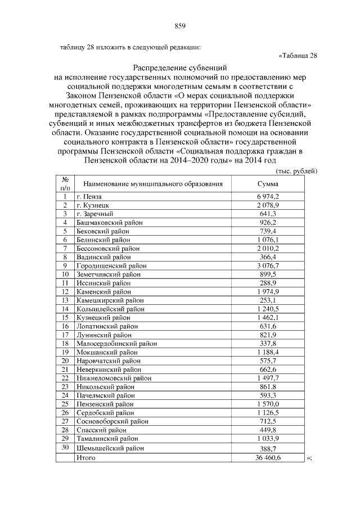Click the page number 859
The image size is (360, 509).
tap(180, 25)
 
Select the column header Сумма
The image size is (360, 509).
tap(268, 183)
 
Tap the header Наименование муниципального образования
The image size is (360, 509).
tap(153, 183)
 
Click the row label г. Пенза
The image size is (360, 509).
tap(88, 196)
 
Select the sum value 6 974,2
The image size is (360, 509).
tap(268, 196)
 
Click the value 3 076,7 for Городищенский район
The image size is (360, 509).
tap(268, 265)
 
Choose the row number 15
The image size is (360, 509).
tap(65, 317)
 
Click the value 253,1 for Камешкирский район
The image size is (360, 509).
tap(268, 300)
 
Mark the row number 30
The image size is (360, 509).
tap(65, 447)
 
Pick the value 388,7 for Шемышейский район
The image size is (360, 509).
tap(268, 448)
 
